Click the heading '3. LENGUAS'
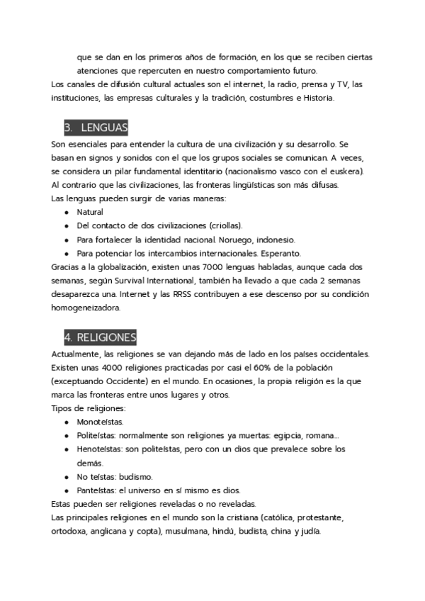click(96, 128)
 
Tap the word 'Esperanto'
click(281, 253)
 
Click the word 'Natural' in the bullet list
click(90, 212)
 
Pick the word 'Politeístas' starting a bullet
click(98, 435)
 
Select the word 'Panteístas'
click(97, 490)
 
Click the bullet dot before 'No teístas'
click(66, 476)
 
